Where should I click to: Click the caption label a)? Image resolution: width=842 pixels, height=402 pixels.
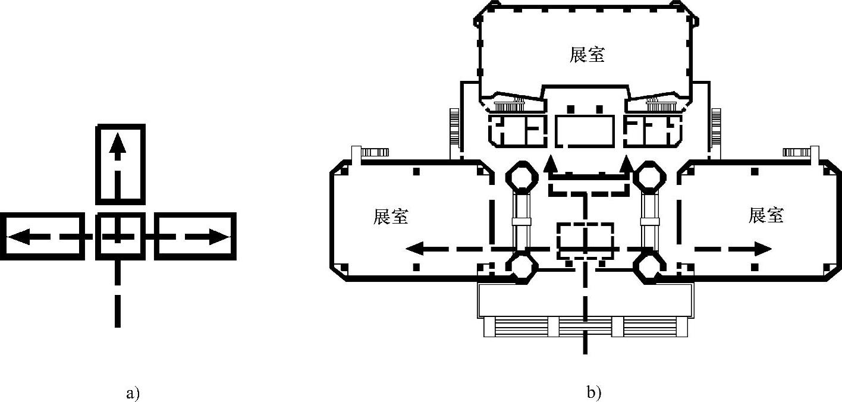point(133,392)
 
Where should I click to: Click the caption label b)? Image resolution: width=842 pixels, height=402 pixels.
point(593,392)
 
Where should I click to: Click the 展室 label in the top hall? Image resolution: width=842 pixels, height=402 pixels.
point(586,55)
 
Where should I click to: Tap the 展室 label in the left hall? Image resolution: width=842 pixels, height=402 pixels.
point(391,216)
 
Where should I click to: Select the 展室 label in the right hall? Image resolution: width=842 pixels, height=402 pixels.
point(766,215)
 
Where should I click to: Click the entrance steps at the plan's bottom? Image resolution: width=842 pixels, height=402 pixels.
point(586,326)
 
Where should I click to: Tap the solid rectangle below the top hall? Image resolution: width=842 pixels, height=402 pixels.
point(586,131)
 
